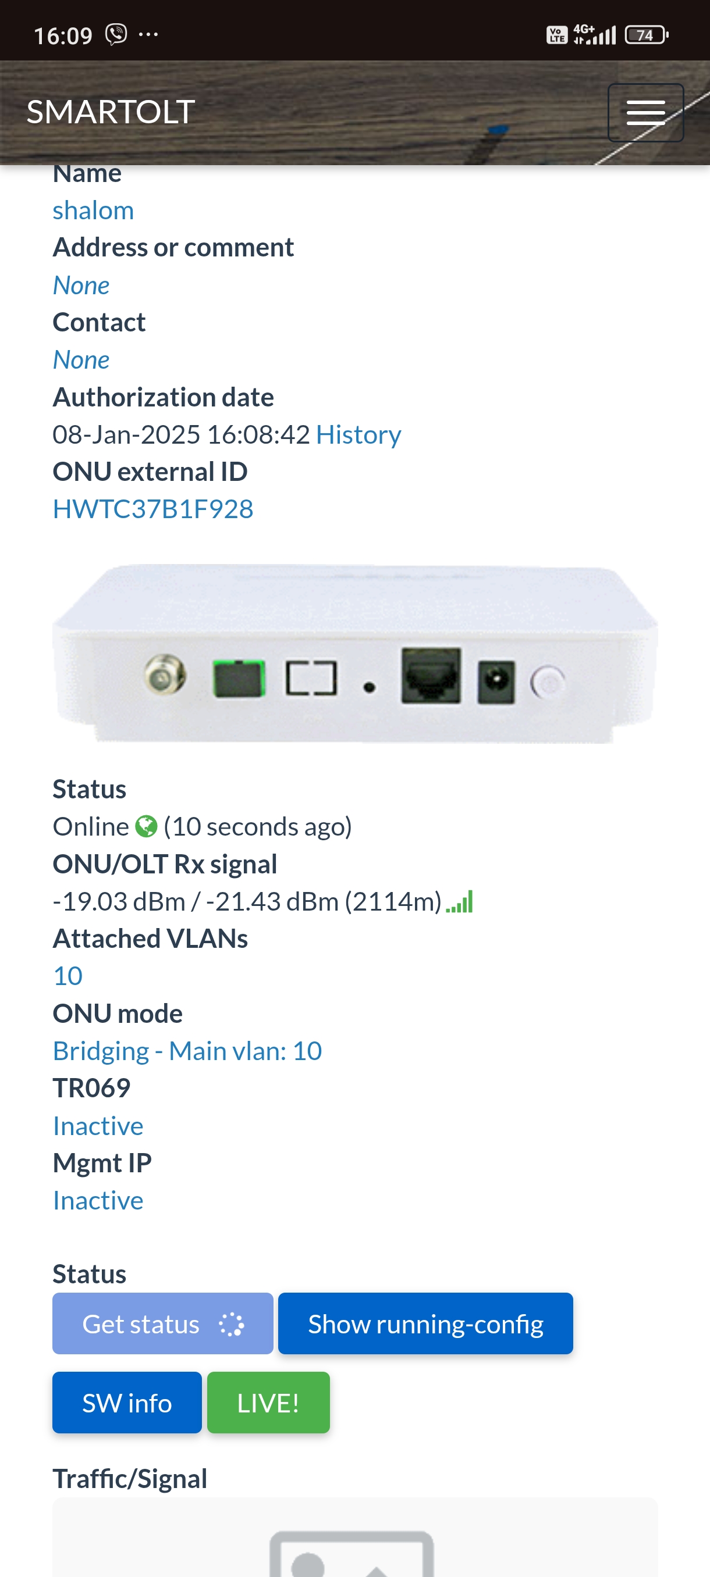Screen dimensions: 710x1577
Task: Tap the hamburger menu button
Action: (645, 113)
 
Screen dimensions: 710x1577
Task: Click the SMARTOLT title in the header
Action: (111, 112)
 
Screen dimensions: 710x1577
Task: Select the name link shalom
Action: (93, 210)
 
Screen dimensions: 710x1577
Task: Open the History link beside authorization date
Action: (358, 434)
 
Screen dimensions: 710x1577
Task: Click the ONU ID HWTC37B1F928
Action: (153, 509)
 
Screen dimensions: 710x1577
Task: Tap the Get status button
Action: (163, 1323)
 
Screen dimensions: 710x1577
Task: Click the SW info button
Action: (127, 1403)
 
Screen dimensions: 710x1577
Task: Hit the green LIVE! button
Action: (268, 1403)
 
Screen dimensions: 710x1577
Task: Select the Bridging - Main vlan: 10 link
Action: (187, 1051)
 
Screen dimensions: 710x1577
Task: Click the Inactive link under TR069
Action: (98, 1125)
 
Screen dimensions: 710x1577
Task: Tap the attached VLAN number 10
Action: (68, 975)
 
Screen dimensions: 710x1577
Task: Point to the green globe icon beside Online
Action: (147, 826)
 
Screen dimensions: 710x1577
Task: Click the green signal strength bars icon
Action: (459, 902)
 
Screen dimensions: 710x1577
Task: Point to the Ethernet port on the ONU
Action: (431, 675)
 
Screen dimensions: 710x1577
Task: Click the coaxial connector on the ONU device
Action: (165, 673)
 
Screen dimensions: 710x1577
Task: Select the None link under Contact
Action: (81, 359)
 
